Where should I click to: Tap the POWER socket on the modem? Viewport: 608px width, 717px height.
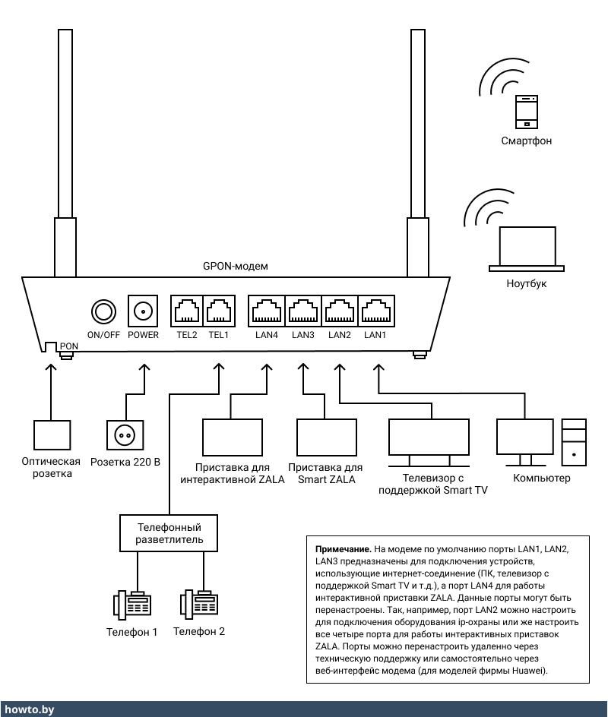click(x=143, y=311)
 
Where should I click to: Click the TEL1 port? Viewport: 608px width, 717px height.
click(x=219, y=311)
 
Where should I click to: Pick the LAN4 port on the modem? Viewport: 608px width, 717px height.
click(x=266, y=311)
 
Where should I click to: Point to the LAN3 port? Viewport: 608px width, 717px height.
click(x=302, y=311)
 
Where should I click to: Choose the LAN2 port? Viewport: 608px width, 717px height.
click(x=339, y=311)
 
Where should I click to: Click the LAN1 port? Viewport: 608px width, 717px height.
click(x=375, y=311)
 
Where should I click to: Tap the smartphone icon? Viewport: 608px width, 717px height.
click(x=526, y=112)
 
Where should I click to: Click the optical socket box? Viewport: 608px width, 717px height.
click(x=52, y=435)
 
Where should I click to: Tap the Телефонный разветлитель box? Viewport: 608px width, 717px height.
click(x=169, y=532)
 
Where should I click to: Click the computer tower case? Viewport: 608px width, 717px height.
click(x=574, y=441)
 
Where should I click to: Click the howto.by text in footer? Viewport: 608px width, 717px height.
click(x=28, y=709)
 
